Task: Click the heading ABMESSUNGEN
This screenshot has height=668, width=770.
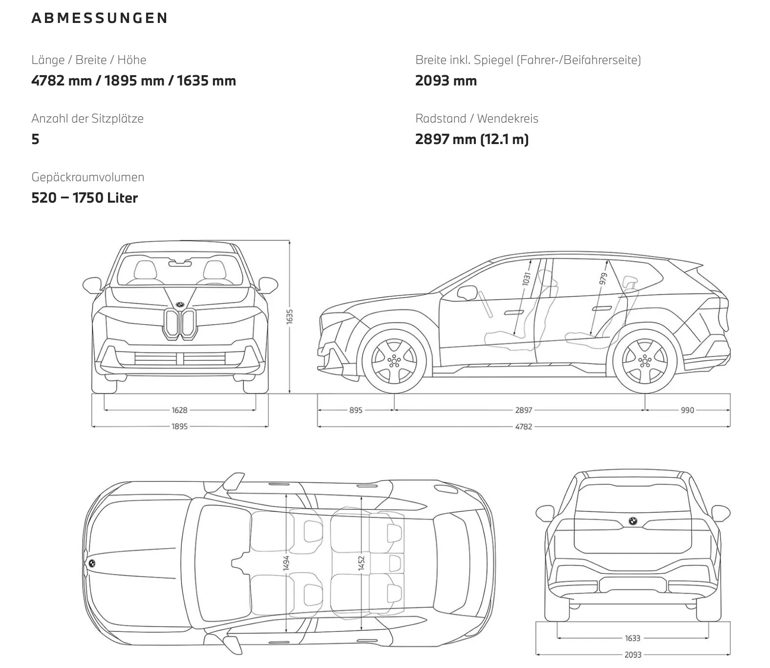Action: (100, 18)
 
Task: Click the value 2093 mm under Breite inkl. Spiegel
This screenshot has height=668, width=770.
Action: (446, 81)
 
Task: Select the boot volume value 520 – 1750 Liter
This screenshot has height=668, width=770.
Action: (85, 198)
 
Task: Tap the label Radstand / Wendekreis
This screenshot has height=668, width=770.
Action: (477, 118)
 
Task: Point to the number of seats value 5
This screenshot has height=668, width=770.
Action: (35, 139)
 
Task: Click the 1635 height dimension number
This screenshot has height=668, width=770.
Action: (290, 316)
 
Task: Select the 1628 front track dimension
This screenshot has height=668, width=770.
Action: (179, 410)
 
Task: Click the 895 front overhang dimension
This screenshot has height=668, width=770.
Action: (356, 410)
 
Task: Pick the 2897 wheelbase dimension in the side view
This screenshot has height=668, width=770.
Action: (523, 410)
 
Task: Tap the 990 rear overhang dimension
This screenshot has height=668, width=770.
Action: (687, 410)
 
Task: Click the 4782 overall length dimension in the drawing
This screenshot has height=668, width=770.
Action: (523, 426)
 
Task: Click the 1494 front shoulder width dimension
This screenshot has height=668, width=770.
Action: (286, 563)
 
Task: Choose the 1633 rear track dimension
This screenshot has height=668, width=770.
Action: (632, 638)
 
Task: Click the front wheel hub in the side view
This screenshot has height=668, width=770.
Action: (394, 362)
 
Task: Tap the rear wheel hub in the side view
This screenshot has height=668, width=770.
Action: (645, 362)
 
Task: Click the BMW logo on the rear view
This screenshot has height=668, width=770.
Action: (633, 522)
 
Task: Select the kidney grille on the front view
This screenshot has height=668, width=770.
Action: (180, 323)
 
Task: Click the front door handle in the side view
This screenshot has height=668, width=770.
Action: (514, 312)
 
